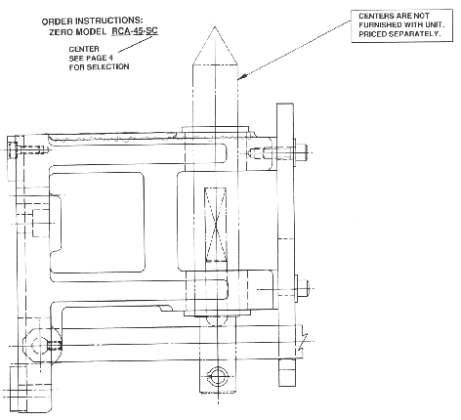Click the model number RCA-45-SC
[x=135, y=31]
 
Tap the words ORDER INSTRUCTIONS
[x=93, y=21]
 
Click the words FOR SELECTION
[x=99, y=67]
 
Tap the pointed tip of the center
[x=215, y=26]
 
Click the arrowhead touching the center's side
[x=242, y=77]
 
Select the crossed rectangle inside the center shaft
[x=215, y=225]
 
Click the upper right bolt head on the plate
[x=301, y=152]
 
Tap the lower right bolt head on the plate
[x=303, y=288]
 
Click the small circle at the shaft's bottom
[x=217, y=376]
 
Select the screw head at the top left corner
[x=13, y=149]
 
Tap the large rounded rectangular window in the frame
[x=97, y=222]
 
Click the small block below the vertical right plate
[x=287, y=372]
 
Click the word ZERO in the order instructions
[x=62, y=32]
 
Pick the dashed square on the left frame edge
[x=41, y=223]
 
